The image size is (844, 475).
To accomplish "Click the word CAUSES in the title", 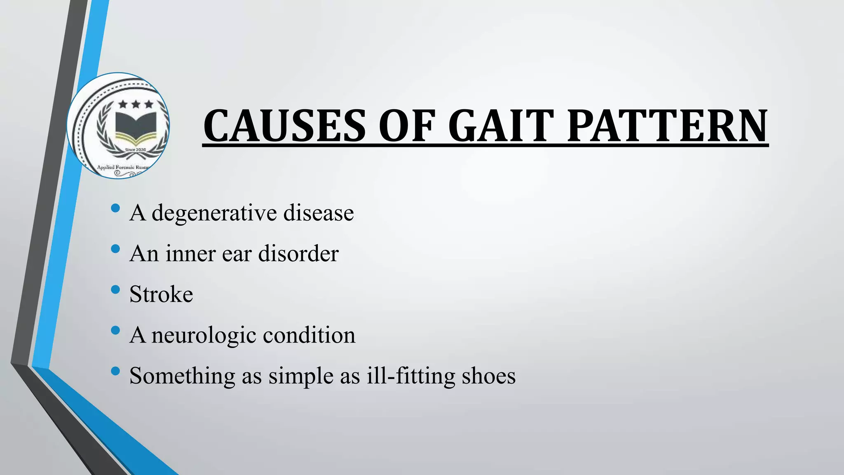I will (284, 126).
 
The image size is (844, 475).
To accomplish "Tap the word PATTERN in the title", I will (668, 126).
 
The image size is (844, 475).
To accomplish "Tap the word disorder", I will (298, 253).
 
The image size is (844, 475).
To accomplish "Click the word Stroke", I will (161, 294).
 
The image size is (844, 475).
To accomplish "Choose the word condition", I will (309, 334).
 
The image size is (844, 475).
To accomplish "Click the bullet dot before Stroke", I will (115, 290).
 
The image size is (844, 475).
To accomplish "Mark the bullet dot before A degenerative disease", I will (115, 208).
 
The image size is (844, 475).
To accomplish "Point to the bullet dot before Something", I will (115, 372).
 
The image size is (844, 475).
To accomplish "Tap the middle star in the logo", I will (136, 104).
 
